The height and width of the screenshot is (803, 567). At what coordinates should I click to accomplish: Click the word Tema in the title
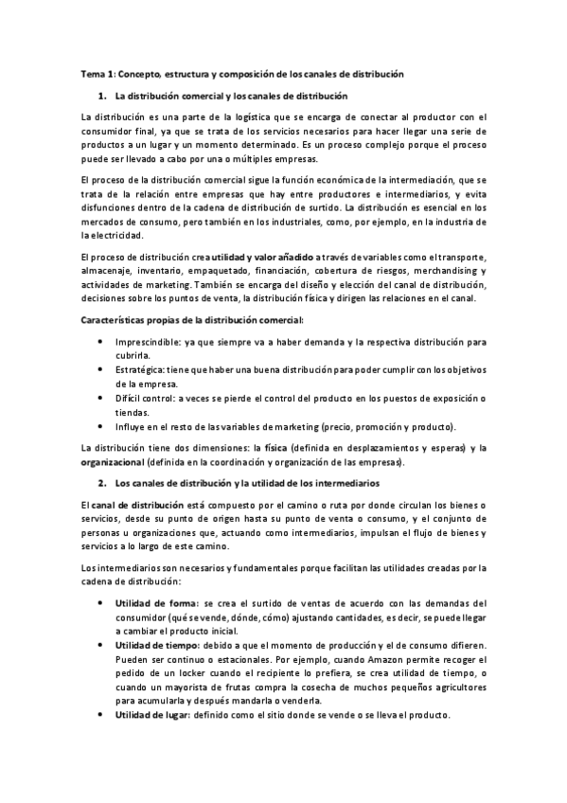[x=93, y=73]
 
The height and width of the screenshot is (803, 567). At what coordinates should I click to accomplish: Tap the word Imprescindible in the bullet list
[x=148, y=339]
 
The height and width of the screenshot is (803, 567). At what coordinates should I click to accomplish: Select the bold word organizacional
[x=114, y=462]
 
